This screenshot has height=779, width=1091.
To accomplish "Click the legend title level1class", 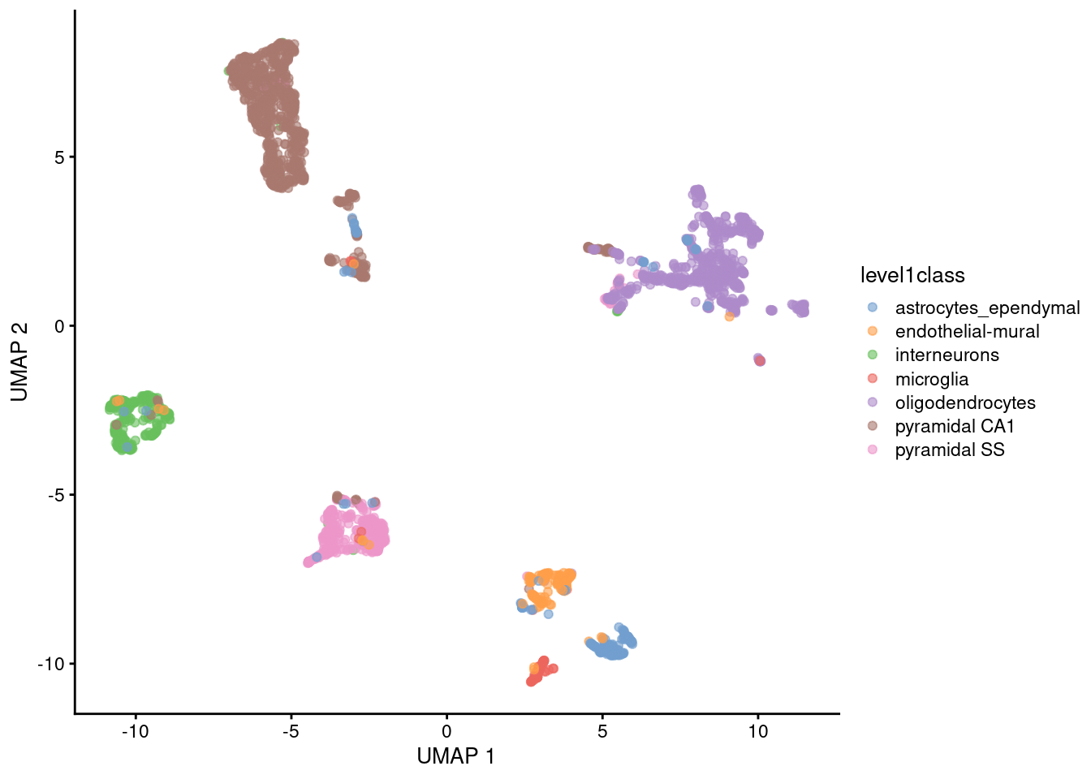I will pyautogui.click(x=912, y=276).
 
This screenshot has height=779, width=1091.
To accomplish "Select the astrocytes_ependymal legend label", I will pyautogui.click(x=987, y=308).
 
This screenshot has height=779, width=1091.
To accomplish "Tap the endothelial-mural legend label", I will pyautogui.click(x=967, y=332).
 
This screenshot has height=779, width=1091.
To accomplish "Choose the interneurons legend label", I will pyautogui.click(x=947, y=355).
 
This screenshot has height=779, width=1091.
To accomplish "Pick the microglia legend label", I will pyautogui.click(x=931, y=379).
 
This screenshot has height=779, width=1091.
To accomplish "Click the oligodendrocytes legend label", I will pyautogui.click(x=965, y=402).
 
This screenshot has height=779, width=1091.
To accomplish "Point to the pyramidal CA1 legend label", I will pyautogui.click(x=955, y=427).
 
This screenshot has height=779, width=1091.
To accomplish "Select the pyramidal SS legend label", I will pyautogui.click(x=949, y=450).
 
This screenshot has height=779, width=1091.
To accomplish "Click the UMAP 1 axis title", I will pyautogui.click(x=455, y=756).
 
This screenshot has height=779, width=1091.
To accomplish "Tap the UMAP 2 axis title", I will pyautogui.click(x=19, y=362).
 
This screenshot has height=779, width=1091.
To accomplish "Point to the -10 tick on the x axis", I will pyautogui.click(x=135, y=731).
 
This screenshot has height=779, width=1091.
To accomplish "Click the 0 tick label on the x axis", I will pyautogui.click(x=446, y=731).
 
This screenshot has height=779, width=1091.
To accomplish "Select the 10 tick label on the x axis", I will pyautogui.click(x=757, y=731).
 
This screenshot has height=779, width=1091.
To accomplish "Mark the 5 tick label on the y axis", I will pyautogui.click(x=59, y=157).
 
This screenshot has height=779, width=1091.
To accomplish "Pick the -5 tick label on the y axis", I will pyautogui.click(x=55, y=495).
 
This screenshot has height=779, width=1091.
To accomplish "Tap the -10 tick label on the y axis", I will pyautogui.click(x=50, y=664).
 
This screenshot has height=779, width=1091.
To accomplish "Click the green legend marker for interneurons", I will pyautogui.click(x=873, y=355).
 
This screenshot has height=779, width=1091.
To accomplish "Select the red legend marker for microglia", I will pyautogui.click(x=873, y=379).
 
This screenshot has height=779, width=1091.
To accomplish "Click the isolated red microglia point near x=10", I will pyautogui.click(x=760, y=361).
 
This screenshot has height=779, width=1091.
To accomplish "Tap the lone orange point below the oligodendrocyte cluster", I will pyautogui.click(x=729, y=316).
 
